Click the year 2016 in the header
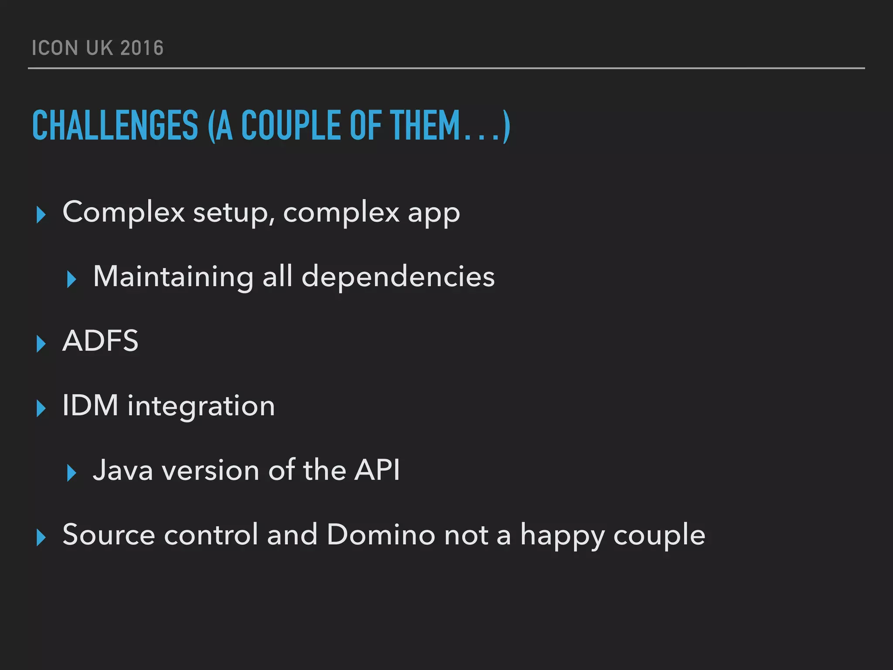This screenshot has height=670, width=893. [x=142, y=48]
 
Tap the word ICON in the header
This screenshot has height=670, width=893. [x=55, y=48]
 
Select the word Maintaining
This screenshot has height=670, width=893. [x=173, y=277]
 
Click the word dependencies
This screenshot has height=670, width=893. [x=398, y=277]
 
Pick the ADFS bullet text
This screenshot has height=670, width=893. [x=100, y=341]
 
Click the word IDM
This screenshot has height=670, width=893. [x=90, y=405]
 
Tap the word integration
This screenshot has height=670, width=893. [x=201, y=406]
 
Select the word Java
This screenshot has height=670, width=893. [x=123, y=470]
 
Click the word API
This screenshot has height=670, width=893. [x=377, y=470]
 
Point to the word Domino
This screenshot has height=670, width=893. [x=380, y=534]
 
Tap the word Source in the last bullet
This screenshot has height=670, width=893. [x=109, y=534]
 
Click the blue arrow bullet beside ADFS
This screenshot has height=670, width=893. [x=41, y=343]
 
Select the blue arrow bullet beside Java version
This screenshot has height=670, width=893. [x=72, y=473]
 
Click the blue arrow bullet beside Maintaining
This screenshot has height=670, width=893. [x=72, y=279]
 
